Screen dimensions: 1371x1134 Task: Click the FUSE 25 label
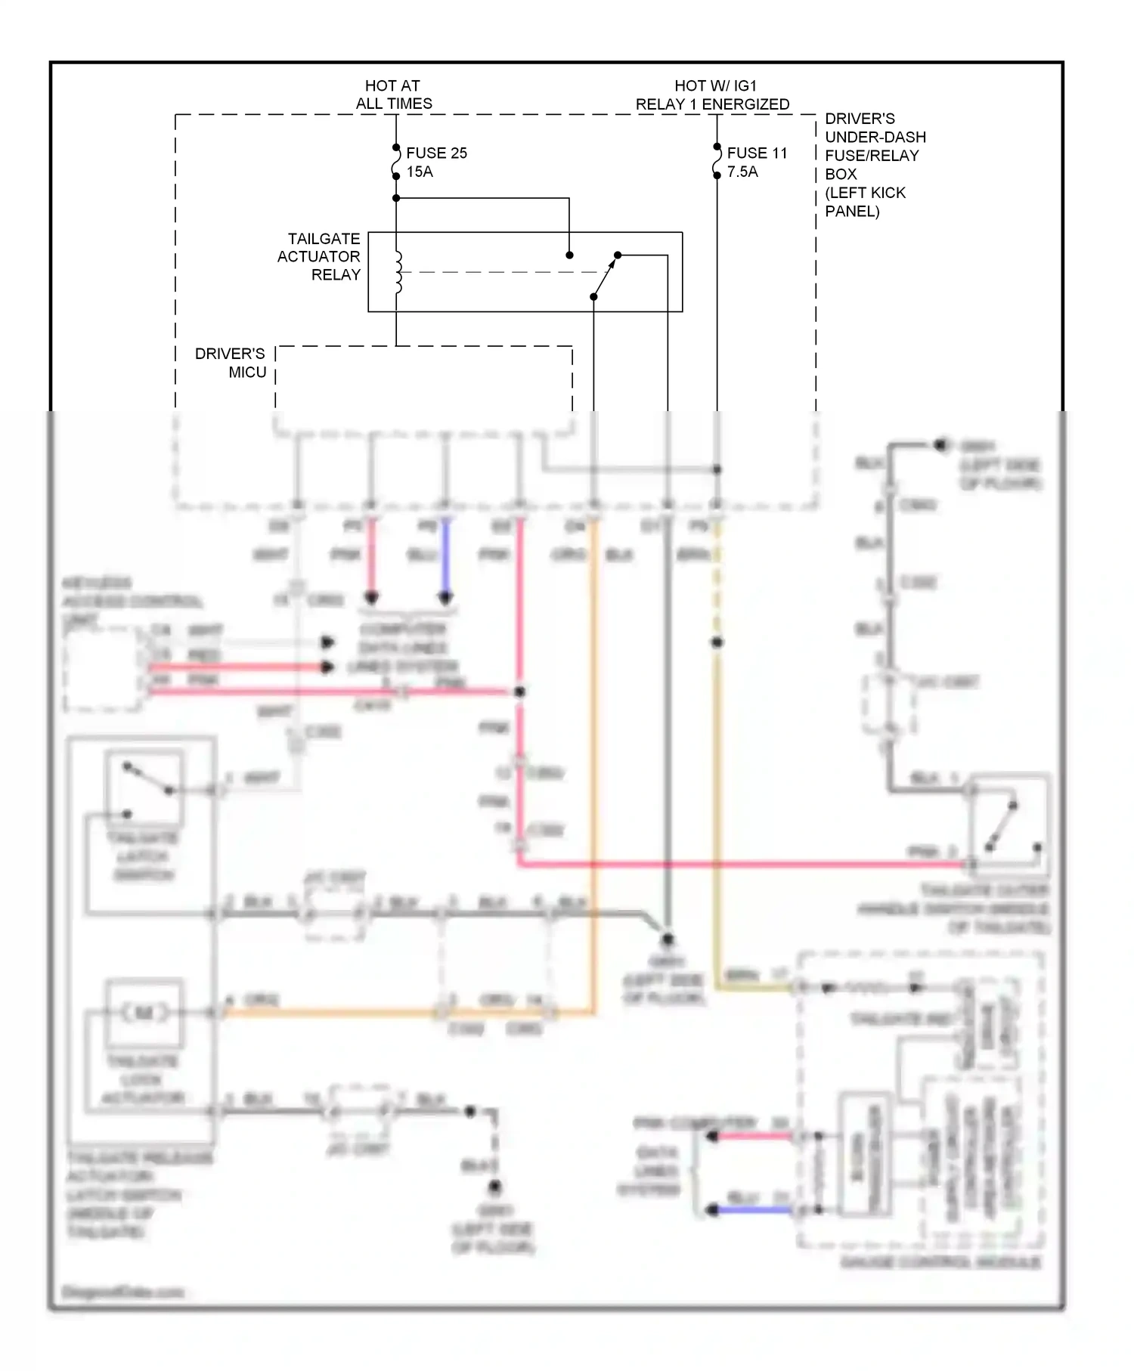[x=436, y=153]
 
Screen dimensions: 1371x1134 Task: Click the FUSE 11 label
[x=757, y=153]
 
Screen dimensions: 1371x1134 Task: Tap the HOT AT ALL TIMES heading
[x=393, y=94]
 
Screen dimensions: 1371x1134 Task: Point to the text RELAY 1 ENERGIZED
[x=712, y=104]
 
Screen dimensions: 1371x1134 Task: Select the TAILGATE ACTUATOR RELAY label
[x=319, y=257]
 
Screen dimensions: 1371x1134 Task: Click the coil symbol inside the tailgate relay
[x=398, y=272]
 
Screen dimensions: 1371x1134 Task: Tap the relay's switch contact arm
[x=605, y=276]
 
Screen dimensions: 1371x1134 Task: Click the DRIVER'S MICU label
[x=231, y=363]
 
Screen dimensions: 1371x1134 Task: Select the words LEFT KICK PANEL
[x=865, y=202]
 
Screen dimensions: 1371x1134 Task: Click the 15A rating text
[x=420, y=172]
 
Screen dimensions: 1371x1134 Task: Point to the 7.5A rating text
[x=742, y=172]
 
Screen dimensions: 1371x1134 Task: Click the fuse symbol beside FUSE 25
[x=395, y=162]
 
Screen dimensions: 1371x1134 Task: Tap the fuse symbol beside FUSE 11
[x=717, y=162]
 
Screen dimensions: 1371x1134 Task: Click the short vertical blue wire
[x=445, y=559]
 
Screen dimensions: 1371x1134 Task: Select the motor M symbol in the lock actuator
[x=144, y=1013]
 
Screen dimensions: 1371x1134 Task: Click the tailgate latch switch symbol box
[x=144, y=788]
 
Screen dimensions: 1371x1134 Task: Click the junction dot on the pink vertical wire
[x=519, y=692]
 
